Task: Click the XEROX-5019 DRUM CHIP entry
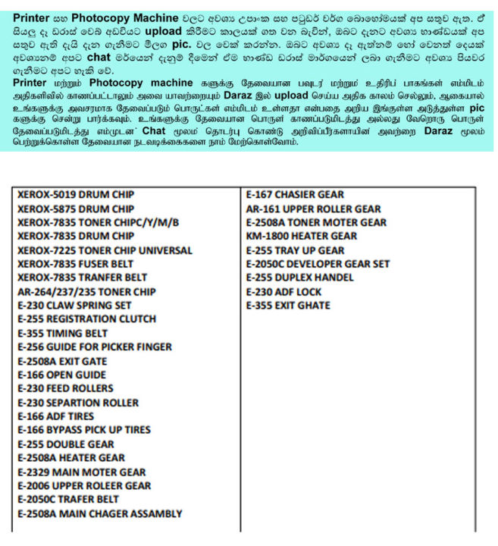pos(76,195)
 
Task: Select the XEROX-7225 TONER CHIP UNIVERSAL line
pos(105,250)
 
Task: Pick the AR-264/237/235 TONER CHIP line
pos(86,292)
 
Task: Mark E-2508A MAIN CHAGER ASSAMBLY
pos(99,514)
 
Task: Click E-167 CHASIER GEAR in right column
pos(295,195)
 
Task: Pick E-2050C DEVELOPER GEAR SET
pos(318,264)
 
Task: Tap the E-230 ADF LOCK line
pos(283,292)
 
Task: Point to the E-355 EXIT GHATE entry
pos(288,306)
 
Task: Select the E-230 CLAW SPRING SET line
pos(74,306)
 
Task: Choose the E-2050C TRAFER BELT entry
pos(68,500)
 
